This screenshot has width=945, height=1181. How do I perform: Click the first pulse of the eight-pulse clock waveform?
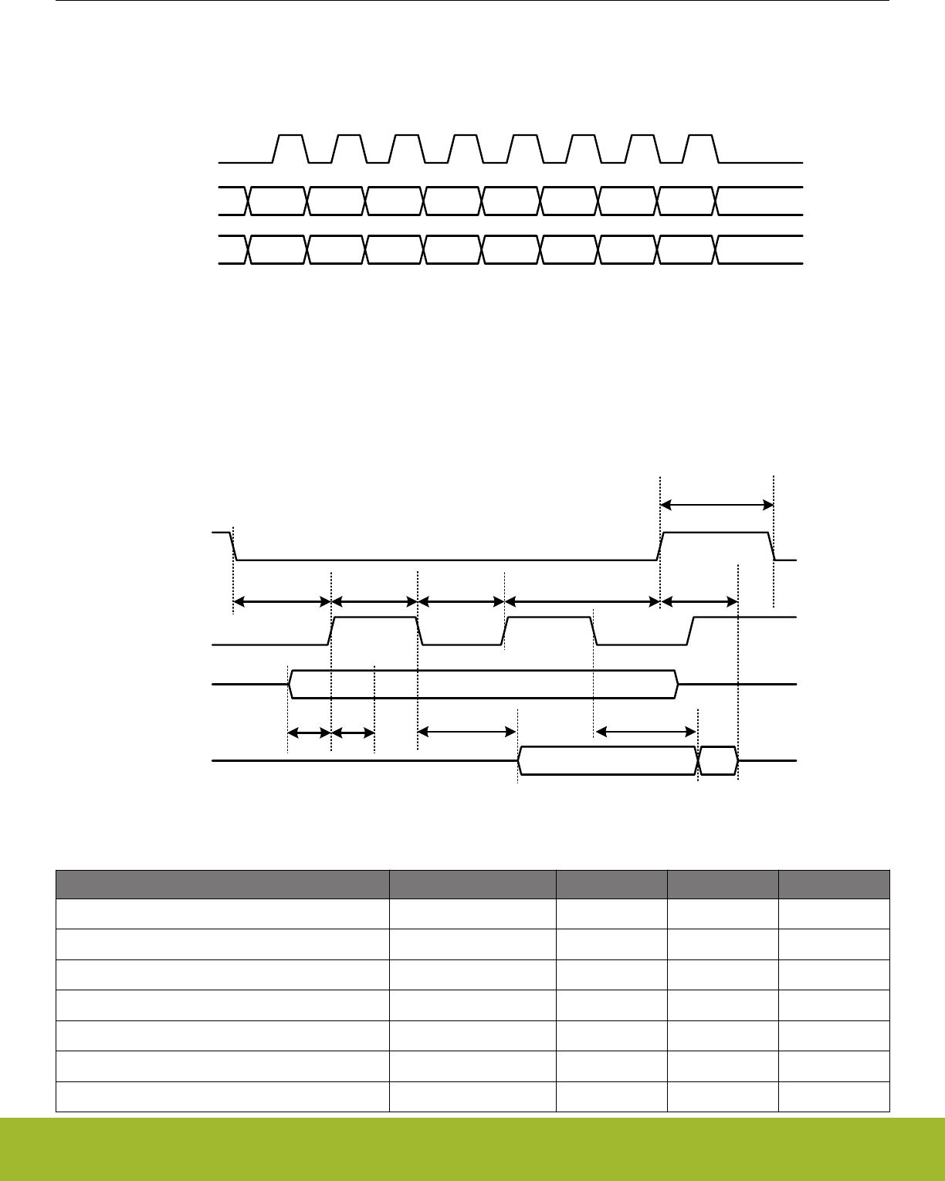290,147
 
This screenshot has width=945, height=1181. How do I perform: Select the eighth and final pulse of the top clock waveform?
701,147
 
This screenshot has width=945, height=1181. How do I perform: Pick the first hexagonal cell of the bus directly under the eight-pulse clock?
278,201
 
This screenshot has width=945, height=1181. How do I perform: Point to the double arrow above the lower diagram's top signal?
717,505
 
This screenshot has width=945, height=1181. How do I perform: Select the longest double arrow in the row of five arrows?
582,601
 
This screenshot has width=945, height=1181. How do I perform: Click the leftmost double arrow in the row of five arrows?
282,601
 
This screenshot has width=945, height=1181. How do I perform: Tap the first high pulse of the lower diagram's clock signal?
374,629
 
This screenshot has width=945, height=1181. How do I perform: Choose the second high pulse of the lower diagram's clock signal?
549,629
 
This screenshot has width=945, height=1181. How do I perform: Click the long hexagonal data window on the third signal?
483,684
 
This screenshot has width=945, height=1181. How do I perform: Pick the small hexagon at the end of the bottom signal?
718,761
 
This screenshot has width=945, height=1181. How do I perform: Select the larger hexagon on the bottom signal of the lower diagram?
608,761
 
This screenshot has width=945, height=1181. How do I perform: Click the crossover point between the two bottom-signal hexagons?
698,761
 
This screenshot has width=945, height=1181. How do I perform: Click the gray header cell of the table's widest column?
222,884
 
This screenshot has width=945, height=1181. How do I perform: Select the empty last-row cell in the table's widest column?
222,1097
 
